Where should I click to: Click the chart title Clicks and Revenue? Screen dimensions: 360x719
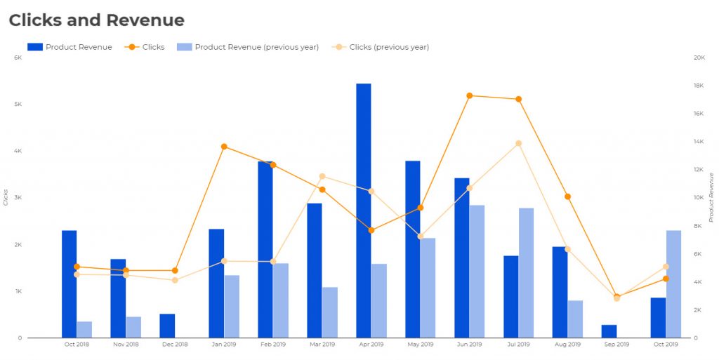tap(96, 20)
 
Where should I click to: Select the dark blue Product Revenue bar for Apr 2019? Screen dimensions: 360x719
tap(364, 211)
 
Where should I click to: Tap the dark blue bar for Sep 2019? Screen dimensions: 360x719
tap(609, 331)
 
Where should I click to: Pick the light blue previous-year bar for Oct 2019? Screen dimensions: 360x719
tap(673, 284)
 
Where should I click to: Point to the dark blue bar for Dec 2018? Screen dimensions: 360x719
tap(167, 326)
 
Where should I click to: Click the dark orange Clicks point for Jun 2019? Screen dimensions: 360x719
tap(469, 95)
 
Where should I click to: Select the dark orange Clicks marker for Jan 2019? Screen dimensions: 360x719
tap(224, 147)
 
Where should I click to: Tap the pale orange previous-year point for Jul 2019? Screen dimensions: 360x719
tap(518, 143)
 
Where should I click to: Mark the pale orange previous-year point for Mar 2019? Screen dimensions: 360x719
tap(322, 176)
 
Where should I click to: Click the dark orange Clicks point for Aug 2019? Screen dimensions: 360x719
tap(567, 196)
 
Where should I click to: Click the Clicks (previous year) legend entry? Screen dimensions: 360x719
tap(388, 47)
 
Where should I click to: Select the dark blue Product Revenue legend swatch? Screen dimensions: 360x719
tap(35, 47)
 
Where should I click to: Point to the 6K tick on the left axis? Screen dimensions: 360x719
tap(18, 58)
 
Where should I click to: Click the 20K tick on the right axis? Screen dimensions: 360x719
tap(699, 58)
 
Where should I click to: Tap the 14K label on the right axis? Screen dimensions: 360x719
tap(699, 142)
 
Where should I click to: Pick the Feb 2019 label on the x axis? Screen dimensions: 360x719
tap(273, 345)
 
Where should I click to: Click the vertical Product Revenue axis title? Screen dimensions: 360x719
tap(711, 197)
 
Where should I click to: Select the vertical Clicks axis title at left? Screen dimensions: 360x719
tap(6, 197)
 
